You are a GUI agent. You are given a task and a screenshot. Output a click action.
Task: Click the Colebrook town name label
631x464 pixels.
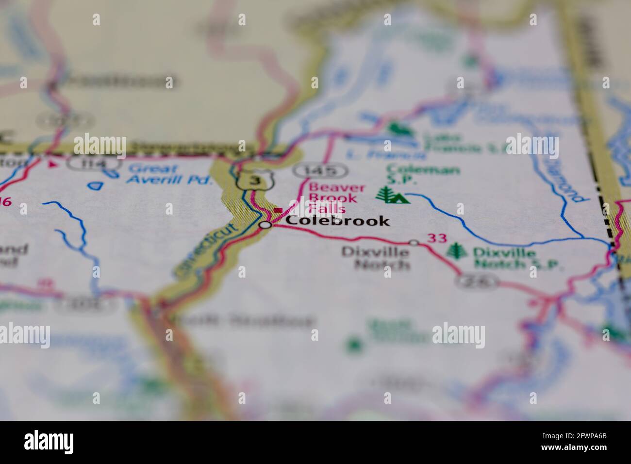(x=337, y=221)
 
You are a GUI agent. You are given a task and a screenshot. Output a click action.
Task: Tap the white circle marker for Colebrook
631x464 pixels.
(x=265, y=225)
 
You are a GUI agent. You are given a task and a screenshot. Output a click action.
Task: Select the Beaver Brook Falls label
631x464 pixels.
(x=328, y=198)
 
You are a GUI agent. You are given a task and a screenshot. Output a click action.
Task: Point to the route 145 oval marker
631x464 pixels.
(x=321, y=170)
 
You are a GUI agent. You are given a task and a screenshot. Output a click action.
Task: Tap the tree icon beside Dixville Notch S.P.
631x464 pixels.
(x=455, y=251)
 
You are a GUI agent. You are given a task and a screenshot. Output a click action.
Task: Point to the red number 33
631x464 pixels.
(x=436, y=238)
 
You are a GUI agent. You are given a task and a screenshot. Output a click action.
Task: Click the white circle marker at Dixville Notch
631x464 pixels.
(x=414, y=242)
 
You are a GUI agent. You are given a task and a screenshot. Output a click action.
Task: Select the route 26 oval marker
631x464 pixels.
(x=478, y=281)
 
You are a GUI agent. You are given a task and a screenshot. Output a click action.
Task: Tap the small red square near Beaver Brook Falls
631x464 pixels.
(x=278, y=210)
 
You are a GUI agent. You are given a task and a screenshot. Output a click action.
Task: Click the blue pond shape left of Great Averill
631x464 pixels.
(x=98, y=184)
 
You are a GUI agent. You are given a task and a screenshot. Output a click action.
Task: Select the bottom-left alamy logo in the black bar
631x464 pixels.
(x=49, y=442)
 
